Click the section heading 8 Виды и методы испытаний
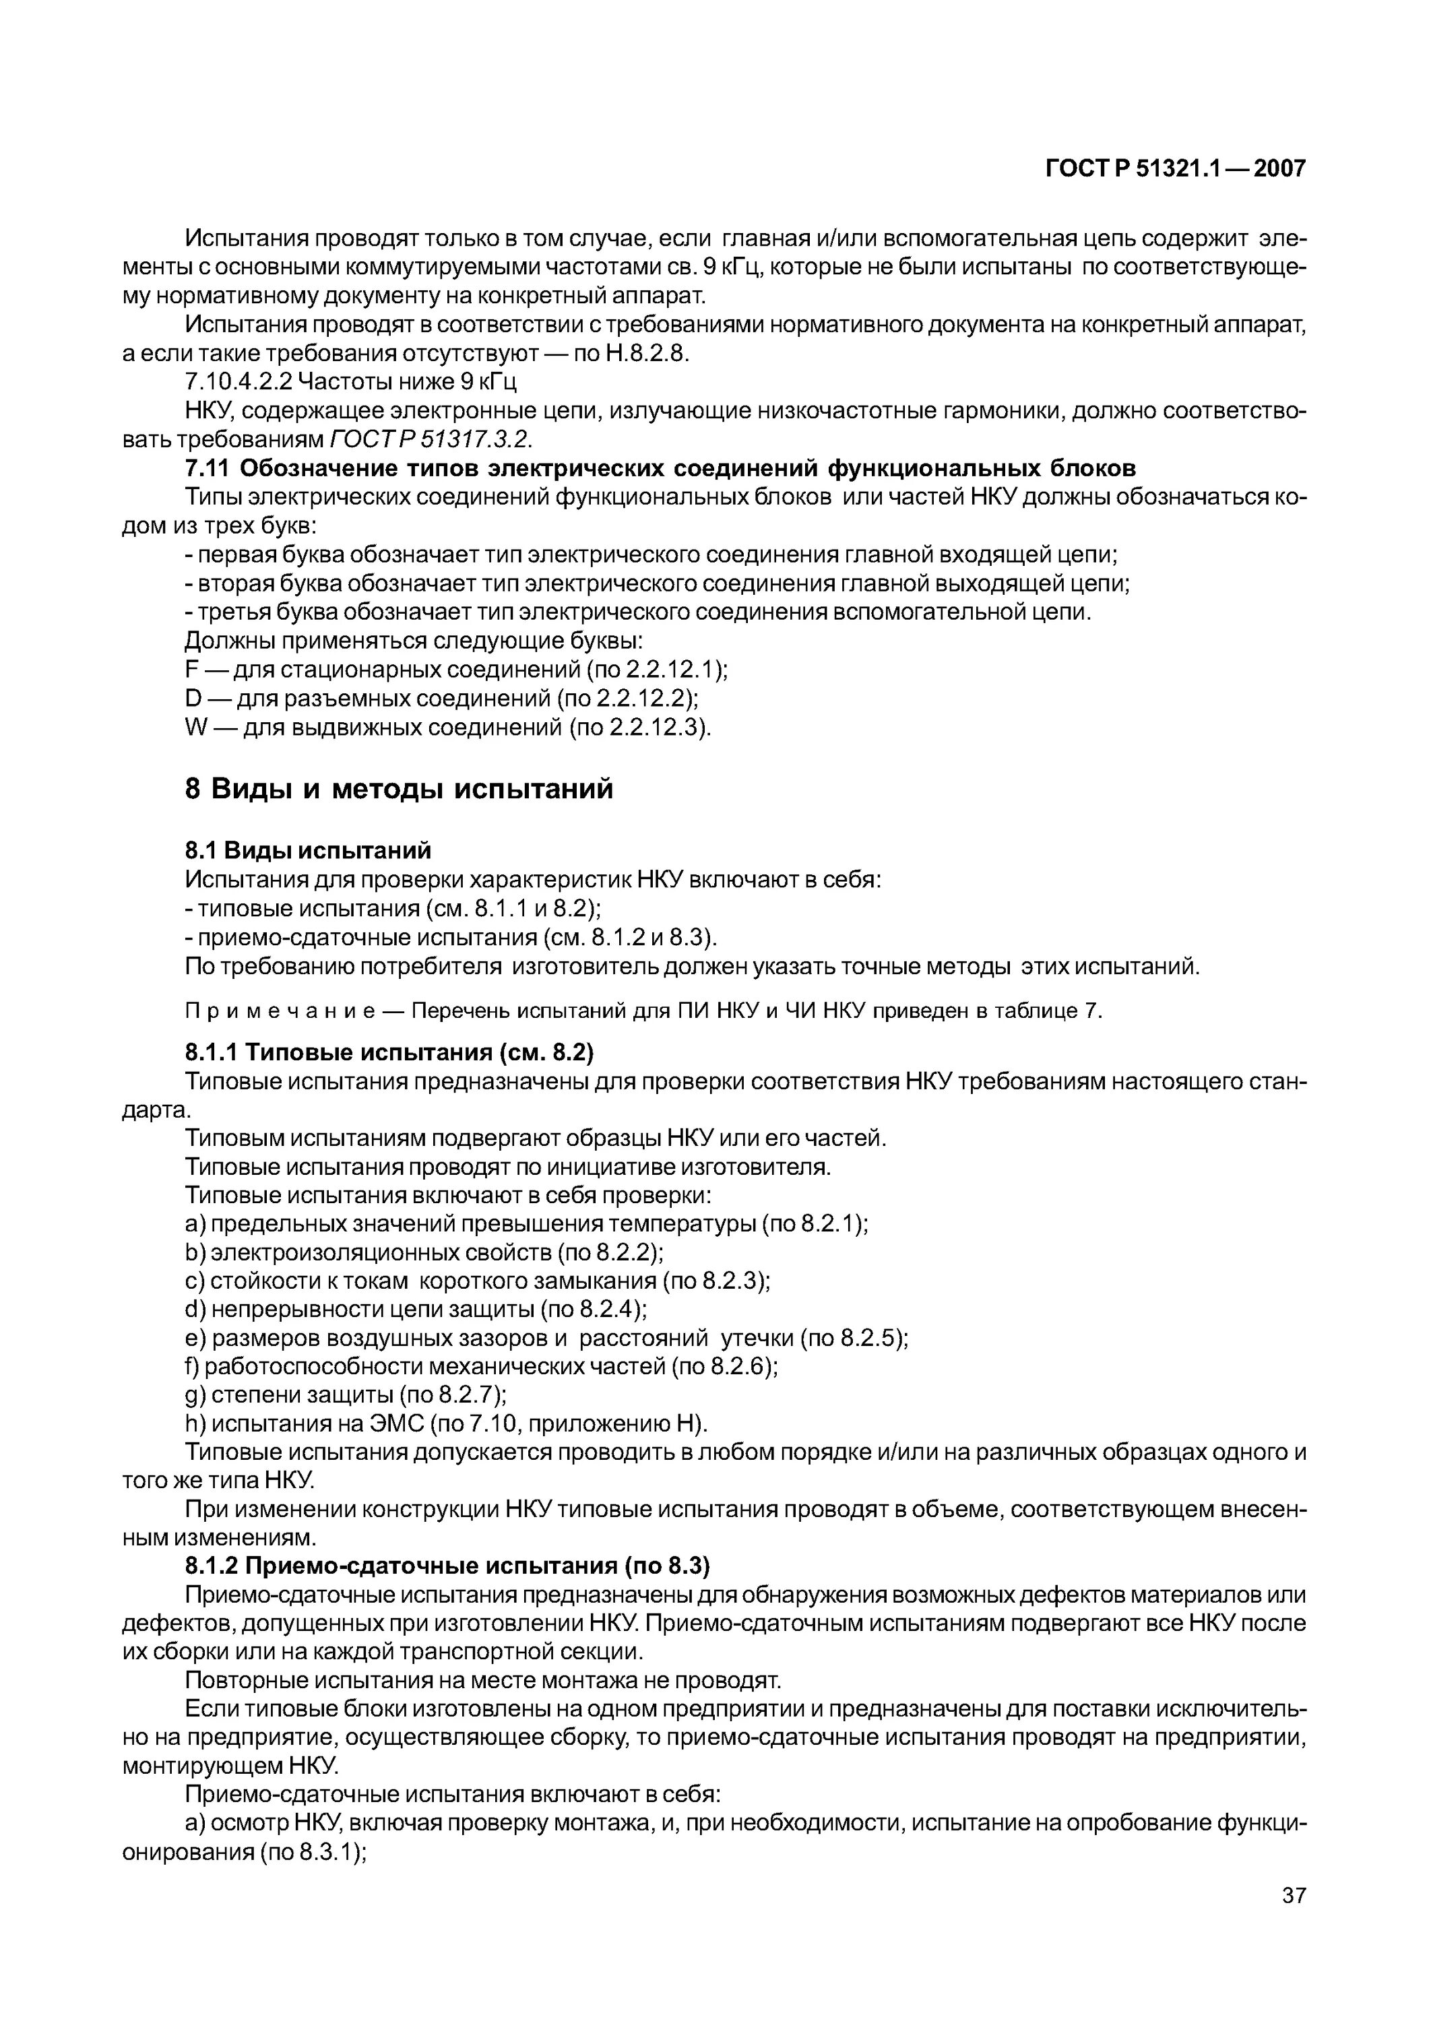click(x=398, y=789)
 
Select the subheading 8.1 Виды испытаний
click(x=308, y=850)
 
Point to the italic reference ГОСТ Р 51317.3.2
click(x=431, y=439)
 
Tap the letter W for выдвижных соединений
click(x=195, y=728)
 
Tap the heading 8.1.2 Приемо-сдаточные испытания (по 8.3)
click(x=447, y=1566)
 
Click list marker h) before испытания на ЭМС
click(x=195, y=1423)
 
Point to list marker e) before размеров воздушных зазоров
click(x=195, y=1338)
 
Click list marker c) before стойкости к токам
click(x=195, y=1281)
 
